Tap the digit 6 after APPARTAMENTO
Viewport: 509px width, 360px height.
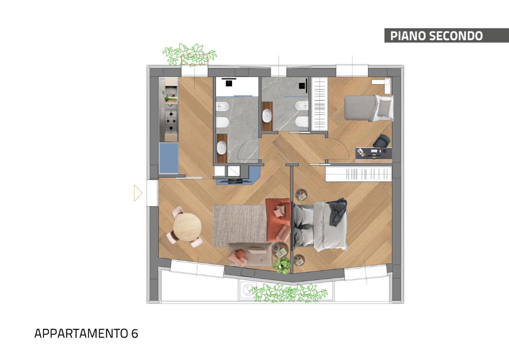point(134,333)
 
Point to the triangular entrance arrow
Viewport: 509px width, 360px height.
point(138,193)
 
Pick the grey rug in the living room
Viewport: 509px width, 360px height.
point(239,225)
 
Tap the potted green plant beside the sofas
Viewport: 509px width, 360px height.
point(281,265)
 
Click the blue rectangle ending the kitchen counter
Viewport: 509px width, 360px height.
point(169,158)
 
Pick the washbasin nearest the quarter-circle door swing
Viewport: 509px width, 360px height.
point(221,148)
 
